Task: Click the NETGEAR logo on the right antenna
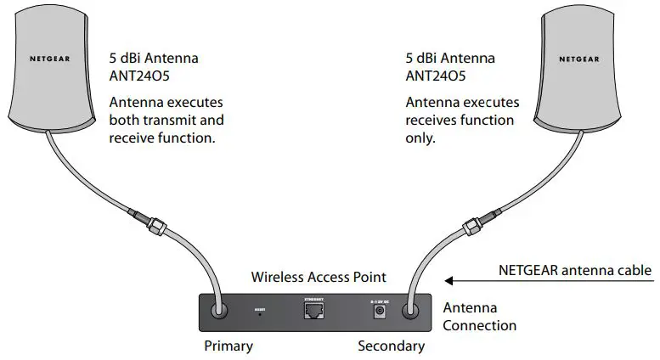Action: pyautogui.click(x=578, y=59)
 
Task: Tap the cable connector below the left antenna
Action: pyautogui.click(x=155, y=225)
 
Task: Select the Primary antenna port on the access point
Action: pyautogui.click(x=220, y=311)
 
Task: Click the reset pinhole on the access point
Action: pyautogui.click(x=259, y=312)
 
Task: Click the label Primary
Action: pyautogui.click(x=228, y=346)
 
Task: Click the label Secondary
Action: pyautogui.click(x=392, y=346)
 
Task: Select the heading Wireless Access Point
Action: pyautogui.click(x=319, y=278)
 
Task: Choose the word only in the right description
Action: pyautogui.click(x=420, y=138)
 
